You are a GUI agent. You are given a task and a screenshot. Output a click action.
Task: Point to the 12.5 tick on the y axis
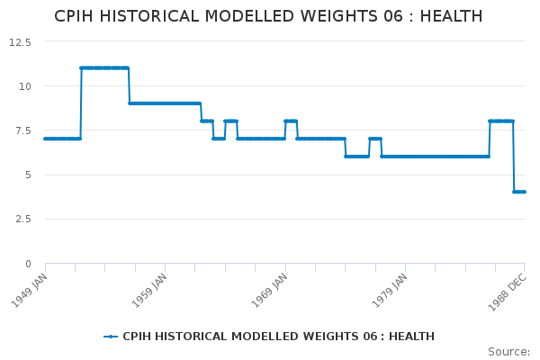coord(20,41)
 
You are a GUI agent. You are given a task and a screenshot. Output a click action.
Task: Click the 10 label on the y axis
coord(25,86)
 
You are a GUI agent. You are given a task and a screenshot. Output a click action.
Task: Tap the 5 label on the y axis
coord(28,175)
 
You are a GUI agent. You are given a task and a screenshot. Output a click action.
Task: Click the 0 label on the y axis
coord(28,264)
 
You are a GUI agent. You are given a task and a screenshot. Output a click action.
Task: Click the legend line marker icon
coord(111,337)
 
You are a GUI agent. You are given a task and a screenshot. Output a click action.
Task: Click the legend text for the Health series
coord(278,337)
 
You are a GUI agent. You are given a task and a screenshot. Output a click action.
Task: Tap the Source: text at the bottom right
coord(508,352)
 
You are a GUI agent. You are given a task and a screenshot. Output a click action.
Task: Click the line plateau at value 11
coord(104,67)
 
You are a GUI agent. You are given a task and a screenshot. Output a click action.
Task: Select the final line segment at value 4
coord(519,192)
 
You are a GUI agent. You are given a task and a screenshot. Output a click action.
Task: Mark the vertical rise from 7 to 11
coord(80,103)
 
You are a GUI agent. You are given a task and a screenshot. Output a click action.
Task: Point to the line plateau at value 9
coord(164,103)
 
